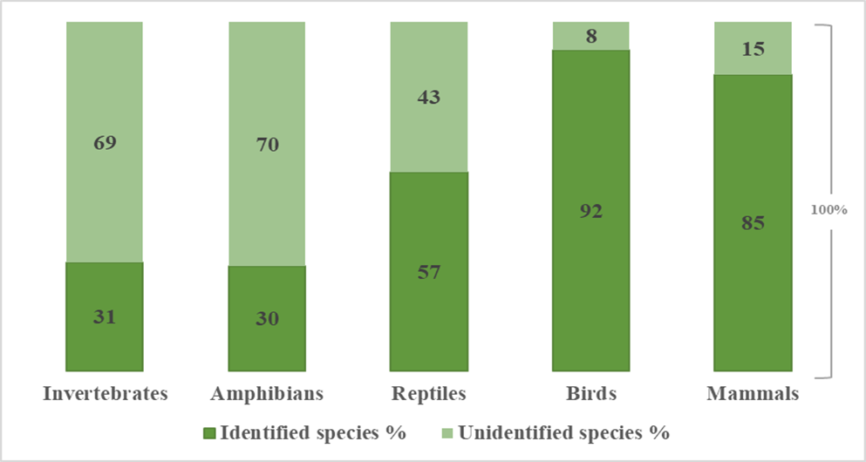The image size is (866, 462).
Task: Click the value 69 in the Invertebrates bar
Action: click(x=105, y=141)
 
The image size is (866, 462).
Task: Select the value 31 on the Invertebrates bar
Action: click(x=105, y=317)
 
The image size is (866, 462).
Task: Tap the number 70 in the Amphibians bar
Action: click(x=267, y=144)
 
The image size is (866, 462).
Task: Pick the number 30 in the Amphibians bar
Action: click(x=267, y=319)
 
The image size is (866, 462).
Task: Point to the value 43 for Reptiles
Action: click(x=428, y=97)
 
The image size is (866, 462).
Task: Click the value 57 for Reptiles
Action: click(x=428, y=272)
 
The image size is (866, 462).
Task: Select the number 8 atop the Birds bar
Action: click(x=590, y=37)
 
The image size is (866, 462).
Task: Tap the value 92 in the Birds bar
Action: click(x=590, y=211)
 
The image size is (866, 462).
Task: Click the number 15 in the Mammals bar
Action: click(x=753, y=49)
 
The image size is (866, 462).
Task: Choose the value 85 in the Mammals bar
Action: click(x=753, y=223)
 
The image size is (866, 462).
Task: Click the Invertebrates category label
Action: click(x=105, y=394)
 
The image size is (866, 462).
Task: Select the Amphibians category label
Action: click(x=267, y=394)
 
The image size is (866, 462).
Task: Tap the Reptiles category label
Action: click(x=428, y=394)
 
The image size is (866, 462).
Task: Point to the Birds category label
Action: click(x=590, y=394)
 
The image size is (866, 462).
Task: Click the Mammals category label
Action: click(x=753, y=394)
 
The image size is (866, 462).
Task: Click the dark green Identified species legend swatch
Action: click(x=208, y=431)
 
